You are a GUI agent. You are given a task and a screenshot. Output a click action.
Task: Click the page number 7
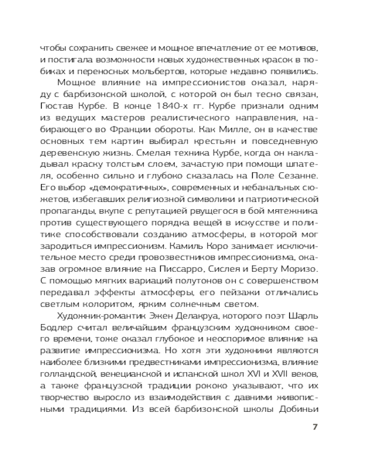[315, 427]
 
